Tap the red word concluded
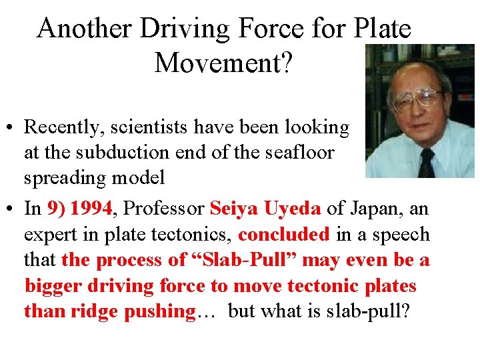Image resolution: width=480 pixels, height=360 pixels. pos(284,235)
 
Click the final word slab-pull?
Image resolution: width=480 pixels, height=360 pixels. pos(373,311)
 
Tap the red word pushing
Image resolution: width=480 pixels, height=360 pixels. pos(158,311)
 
